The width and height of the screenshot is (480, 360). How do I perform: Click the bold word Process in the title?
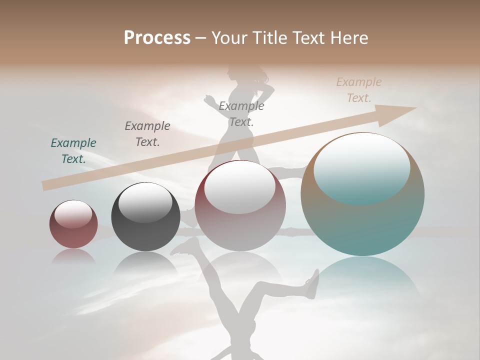coord(157,37)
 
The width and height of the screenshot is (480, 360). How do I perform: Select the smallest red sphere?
coord(73,224)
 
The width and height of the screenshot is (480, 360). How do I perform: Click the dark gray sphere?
coord(145,217)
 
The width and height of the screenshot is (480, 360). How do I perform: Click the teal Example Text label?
coord(73,150)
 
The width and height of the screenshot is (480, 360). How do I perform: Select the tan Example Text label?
coord(359,90)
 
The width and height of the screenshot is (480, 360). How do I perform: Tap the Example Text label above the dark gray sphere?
coord(147,133)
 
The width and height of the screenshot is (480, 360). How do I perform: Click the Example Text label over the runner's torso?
coord(241,113)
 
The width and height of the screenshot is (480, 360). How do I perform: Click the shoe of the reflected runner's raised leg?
coord(312,284)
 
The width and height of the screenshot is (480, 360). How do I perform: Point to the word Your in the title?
coord(228,38)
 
